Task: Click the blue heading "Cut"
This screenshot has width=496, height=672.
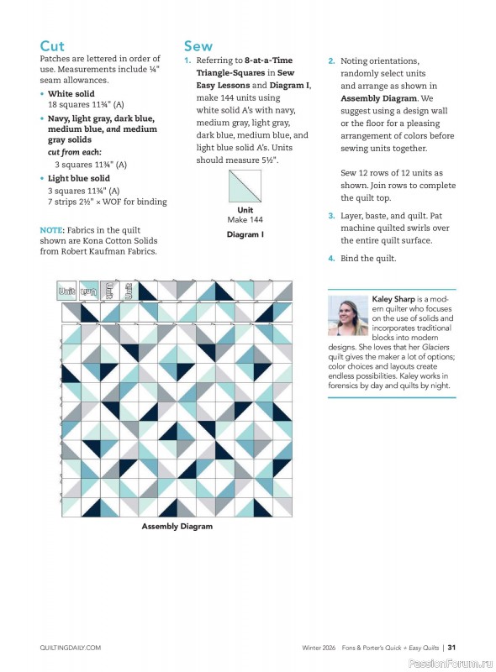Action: (x=52, y=46)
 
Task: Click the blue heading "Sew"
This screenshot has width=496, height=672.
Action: (x=198, y=46)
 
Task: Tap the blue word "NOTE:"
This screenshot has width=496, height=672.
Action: (x=55, y=230)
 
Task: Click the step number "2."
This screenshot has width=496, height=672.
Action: (x=331, y=61)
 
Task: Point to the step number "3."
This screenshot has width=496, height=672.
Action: (x=331, y=216)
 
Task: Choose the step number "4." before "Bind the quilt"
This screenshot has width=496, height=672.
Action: (x=331, y=259)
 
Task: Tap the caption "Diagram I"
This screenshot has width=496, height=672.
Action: (x=245, y=235)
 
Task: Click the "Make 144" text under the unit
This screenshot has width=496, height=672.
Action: (x=245, y=220)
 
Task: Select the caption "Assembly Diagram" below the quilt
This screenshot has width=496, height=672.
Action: (x=177, y=527)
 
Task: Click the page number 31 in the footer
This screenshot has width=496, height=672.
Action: (x=452, y=648)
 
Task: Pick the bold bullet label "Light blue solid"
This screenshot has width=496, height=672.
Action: (x=79, y=179)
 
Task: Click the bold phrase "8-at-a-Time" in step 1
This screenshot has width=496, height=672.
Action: (x=268, y=61)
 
